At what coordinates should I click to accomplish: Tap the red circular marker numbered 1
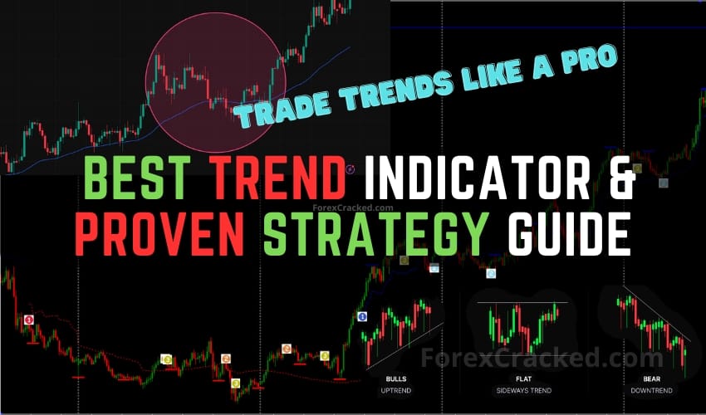coord(29,320)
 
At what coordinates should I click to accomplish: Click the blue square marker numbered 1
coord(362,316)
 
